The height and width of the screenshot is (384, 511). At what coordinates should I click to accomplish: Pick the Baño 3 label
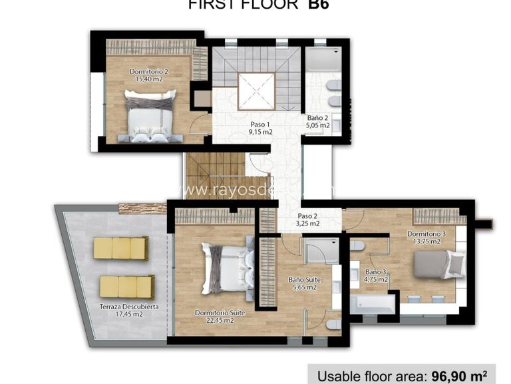click(376, 272)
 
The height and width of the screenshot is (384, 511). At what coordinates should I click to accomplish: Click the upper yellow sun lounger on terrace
click(120, 249)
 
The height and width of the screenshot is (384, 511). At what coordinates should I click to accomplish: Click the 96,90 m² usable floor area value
click(468, 375)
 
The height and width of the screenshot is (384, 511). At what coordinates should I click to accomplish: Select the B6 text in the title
click(317, 4)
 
